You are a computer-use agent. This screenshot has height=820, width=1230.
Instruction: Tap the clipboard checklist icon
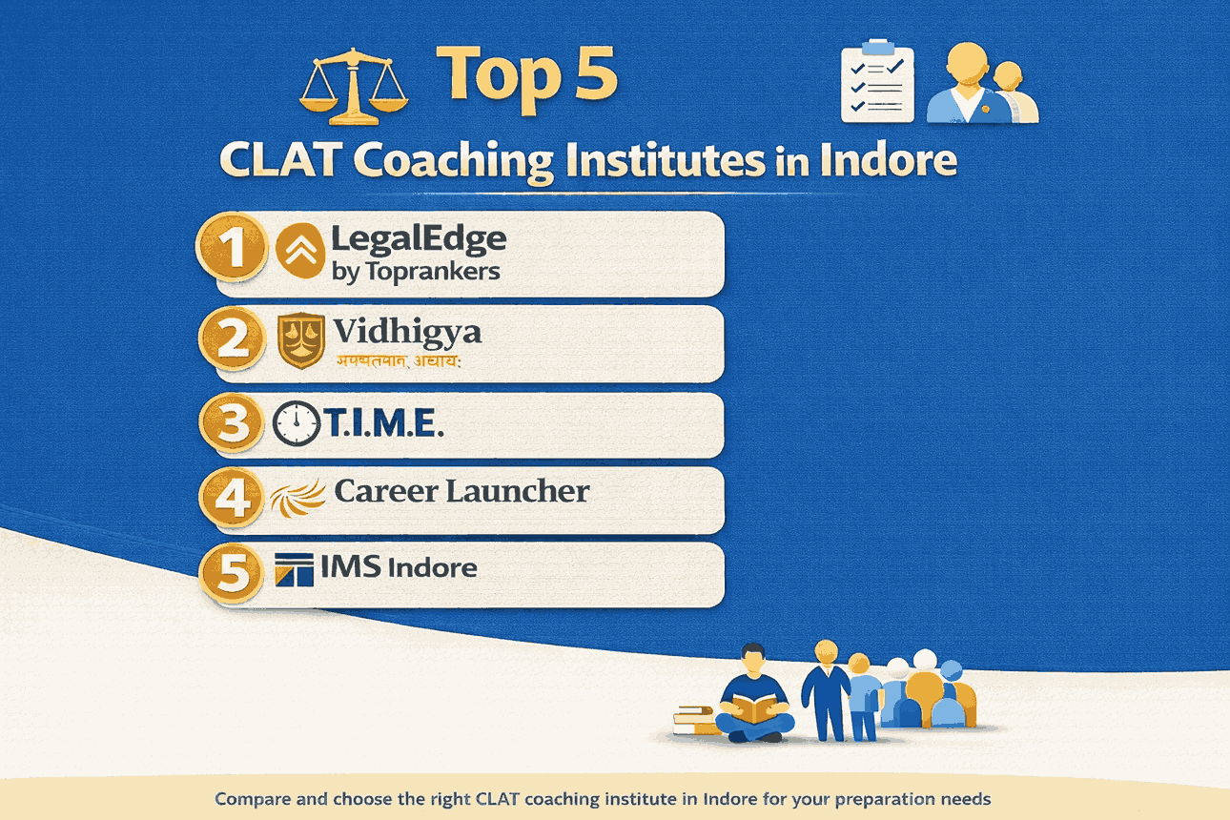point(877,84)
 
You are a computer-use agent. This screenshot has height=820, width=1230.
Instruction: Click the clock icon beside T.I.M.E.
point(297,424)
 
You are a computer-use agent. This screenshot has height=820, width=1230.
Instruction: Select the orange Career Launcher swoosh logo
point(297,497)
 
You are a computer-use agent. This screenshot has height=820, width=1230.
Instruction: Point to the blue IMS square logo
point(294,569)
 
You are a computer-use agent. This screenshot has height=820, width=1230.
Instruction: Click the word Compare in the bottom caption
point(251,798)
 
